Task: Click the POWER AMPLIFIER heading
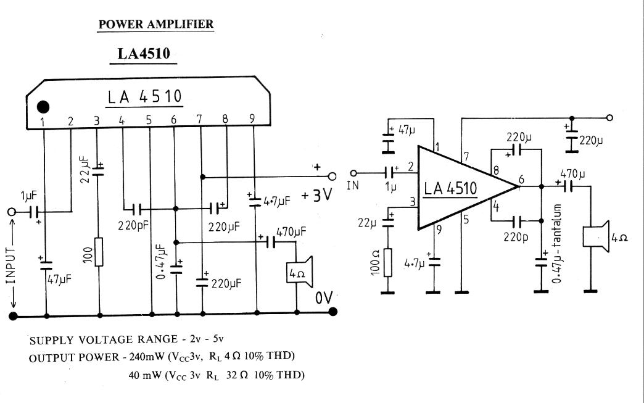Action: coord(156,25)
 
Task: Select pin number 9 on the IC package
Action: coord(252,119)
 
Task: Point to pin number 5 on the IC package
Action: coord(149,120)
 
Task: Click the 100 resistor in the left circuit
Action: coord(99,251)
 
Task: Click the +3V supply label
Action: coord(318,195)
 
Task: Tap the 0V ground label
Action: coord(324,298)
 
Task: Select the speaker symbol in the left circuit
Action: coord(298,272)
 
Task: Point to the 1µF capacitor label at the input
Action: coord(27,196)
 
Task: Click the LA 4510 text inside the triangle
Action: coord(450,188)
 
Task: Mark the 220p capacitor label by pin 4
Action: coord(515,236)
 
